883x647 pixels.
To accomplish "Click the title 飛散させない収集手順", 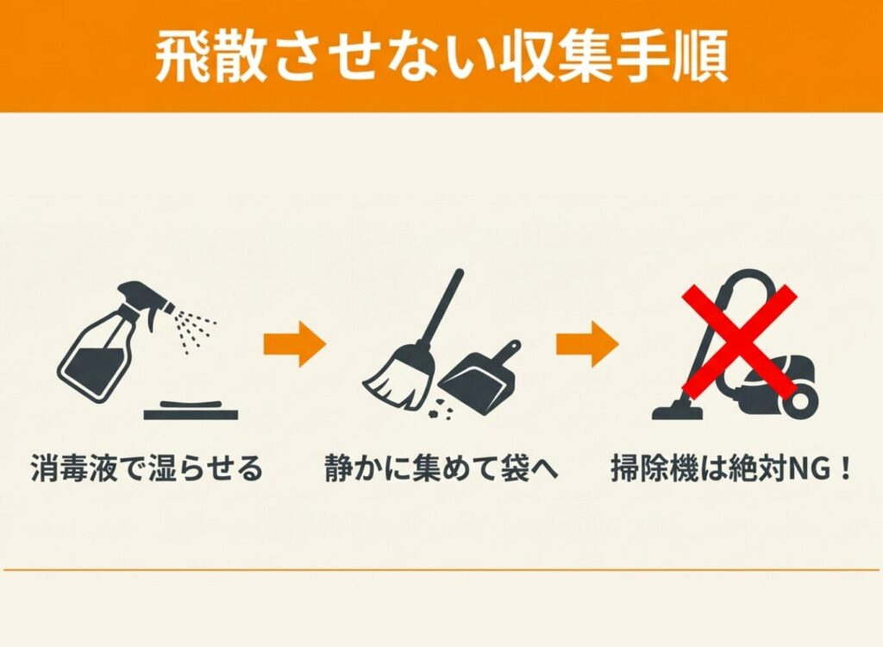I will coord(441,57).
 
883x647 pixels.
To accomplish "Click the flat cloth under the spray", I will coord(191,411).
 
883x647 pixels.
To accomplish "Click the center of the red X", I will coord(740,341).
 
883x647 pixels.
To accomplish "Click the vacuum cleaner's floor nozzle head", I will coord(678,411).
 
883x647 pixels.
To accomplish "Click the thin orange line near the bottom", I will coord(441,569).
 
